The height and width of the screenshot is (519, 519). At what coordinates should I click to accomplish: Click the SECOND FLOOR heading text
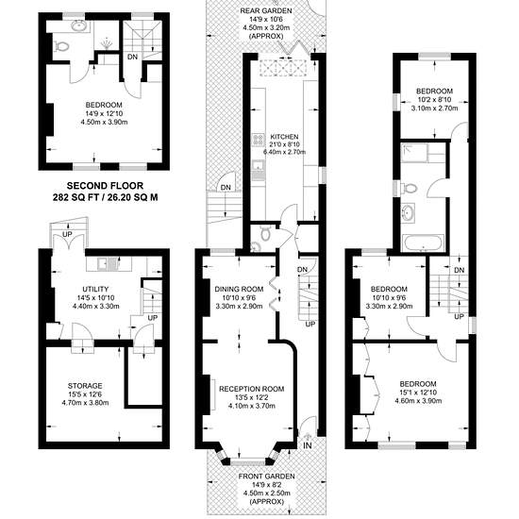(105, 186)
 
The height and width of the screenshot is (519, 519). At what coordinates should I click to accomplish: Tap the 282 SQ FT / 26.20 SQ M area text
(106, 197)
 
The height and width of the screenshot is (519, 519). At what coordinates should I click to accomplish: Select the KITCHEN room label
(284, 137)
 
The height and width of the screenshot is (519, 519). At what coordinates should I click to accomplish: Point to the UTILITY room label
(95, 289)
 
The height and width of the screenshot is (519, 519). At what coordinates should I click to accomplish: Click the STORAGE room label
(85, 386)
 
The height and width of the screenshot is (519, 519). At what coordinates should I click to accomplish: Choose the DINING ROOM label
(239, 289)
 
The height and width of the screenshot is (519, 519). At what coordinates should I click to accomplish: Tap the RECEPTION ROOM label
(252, 389)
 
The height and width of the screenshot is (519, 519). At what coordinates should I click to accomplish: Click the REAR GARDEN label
(266, 11)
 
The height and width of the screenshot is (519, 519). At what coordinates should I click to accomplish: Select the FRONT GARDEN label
(266, 477)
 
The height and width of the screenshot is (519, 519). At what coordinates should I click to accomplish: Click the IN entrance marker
(308, 445)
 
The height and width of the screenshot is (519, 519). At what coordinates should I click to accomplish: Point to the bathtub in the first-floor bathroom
(423, 243)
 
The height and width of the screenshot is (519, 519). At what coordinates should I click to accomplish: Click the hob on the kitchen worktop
(258, 140)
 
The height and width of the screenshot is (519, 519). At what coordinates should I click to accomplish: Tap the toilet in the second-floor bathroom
(62, 46)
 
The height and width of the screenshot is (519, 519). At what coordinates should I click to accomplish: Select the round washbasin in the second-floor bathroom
(78, 25)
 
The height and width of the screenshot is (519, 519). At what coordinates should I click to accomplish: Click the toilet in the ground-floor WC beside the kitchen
(265, 233)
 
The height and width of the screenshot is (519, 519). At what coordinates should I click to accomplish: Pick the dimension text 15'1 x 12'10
(418, 393)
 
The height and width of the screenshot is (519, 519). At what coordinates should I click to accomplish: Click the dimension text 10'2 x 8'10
(434, 100)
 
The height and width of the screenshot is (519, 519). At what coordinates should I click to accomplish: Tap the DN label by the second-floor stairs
(132, 57)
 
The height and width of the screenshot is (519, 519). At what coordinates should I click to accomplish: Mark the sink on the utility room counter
(107, 263)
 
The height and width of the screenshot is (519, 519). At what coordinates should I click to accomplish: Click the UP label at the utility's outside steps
(67, 234)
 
